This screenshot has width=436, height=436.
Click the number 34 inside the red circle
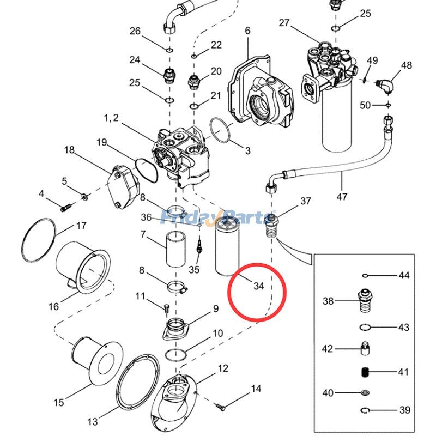[258, 286]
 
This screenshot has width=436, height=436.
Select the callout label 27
[284, 23]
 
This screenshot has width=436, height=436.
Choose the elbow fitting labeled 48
[386, 84]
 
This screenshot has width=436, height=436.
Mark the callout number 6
[247, 31]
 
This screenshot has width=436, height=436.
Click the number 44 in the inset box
[403, 276]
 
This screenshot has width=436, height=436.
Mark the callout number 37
[306, 202]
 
